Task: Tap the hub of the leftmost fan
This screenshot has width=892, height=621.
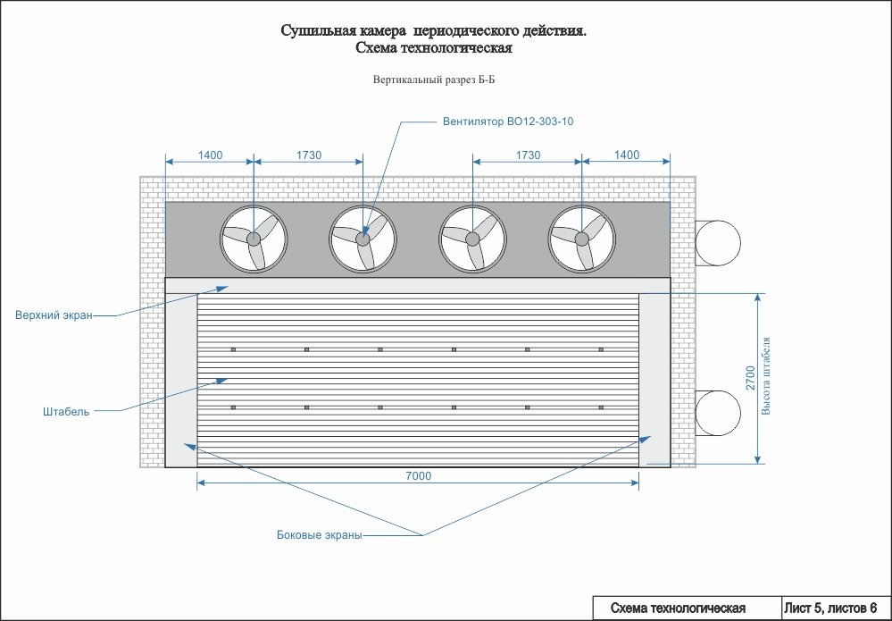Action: pos(254,239)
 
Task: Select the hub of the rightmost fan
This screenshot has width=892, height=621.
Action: pos(581,239)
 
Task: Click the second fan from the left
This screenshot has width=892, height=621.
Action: pos(363,239)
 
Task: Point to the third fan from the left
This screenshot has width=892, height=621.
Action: pos(472,239)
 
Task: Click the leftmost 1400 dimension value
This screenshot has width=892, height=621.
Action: pos(210,155)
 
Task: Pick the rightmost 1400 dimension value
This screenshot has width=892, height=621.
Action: pos(627,155)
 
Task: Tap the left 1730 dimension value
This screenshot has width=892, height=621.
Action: pos(309,155)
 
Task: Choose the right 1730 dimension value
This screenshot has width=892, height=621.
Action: pos(528,155)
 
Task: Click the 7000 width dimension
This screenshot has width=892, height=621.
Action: pos(418,476)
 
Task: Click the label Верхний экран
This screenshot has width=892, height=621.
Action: pos(54,315)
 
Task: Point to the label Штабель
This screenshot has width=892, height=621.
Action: pos(65,412)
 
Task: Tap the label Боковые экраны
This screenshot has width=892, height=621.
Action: pos(319,536)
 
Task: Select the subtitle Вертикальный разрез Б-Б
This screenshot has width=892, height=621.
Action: pos(433,80)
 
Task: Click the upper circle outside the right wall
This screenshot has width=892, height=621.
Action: pos(719,241)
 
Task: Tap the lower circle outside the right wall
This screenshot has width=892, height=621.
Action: pos(719,412)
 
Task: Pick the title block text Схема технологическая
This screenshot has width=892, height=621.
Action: pos(678,608)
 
